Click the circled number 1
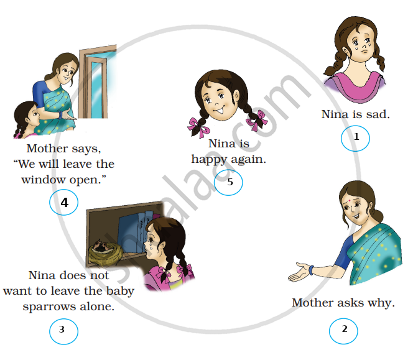coord(355,138)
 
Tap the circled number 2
coord(343,331)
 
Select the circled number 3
coord(63,331)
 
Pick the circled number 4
coord(63,202)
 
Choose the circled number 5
coord(228,182)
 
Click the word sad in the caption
coord(378,114)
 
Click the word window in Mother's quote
coord(44,180)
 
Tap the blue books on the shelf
coord(134,232)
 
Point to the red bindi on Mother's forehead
coord(350,201)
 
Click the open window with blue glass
coord(98,82)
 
